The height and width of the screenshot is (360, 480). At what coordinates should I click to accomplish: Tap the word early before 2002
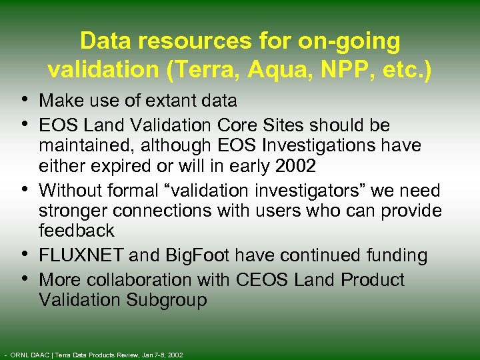pyautogui.click(x=255, y=165)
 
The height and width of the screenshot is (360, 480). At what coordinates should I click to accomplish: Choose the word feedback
pyautogui.click(x=76, y=231)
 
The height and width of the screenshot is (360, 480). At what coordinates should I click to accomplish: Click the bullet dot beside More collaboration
pyautogui.click(x=25, y=279)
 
